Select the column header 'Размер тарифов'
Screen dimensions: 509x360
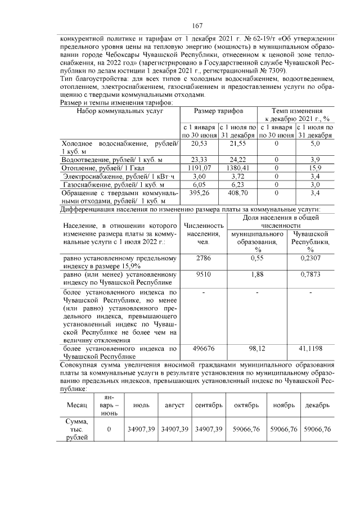click(x=218, y=112)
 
